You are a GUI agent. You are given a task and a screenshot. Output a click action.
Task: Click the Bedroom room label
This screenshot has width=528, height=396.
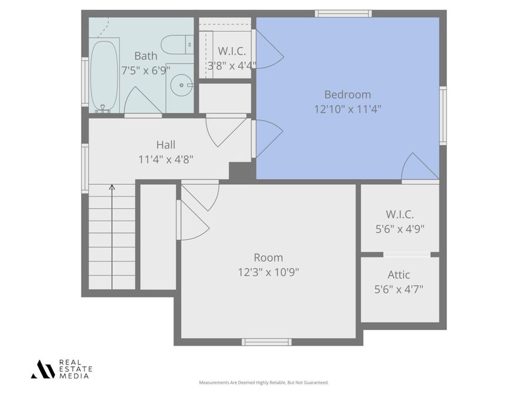tap(347, 94)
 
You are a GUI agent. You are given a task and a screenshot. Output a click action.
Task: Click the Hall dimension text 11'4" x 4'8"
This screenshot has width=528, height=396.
tap(165, 158)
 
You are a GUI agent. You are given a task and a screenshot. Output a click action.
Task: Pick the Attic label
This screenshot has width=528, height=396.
tap(398, 275)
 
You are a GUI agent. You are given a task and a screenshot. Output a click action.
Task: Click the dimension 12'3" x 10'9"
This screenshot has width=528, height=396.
tap(268, 272)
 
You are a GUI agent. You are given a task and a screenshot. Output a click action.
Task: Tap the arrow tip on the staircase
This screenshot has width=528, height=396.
tap(112, 187)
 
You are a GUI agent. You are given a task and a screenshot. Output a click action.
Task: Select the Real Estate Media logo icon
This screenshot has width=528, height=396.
tap(42, 369)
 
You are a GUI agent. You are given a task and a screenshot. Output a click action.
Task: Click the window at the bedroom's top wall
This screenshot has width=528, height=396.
tap(343, 13)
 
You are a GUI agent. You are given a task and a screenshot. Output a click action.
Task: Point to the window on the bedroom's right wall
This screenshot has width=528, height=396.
tap(443, 115)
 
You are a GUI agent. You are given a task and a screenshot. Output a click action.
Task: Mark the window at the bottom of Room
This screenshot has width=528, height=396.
tap(267, 341)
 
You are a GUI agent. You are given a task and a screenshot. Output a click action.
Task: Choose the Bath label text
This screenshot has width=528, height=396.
tap(145, 56)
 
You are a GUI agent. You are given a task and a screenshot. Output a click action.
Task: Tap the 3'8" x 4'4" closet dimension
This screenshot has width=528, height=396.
tap(232, 66)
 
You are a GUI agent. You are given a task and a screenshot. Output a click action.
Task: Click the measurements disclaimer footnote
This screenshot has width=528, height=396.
tap(264, 383)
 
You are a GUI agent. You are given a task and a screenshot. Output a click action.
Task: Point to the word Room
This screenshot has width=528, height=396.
tap(268, 257)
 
